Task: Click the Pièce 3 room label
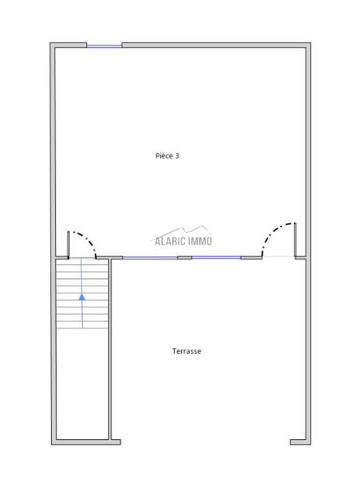[167, 156]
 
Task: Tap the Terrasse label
[186, 351]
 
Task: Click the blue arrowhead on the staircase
[82, 297]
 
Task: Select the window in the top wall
[104, 46]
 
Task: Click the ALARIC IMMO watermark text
[183, 241]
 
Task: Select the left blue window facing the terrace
[150, 258]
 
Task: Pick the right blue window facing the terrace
[216, 258]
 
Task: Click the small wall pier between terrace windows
[184, 258]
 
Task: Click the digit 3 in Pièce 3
[177, 156]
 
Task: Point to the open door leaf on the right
[295, 240]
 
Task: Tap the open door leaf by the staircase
[68, 245]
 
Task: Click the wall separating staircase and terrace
[109, 349]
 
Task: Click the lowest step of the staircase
[82, 325]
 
